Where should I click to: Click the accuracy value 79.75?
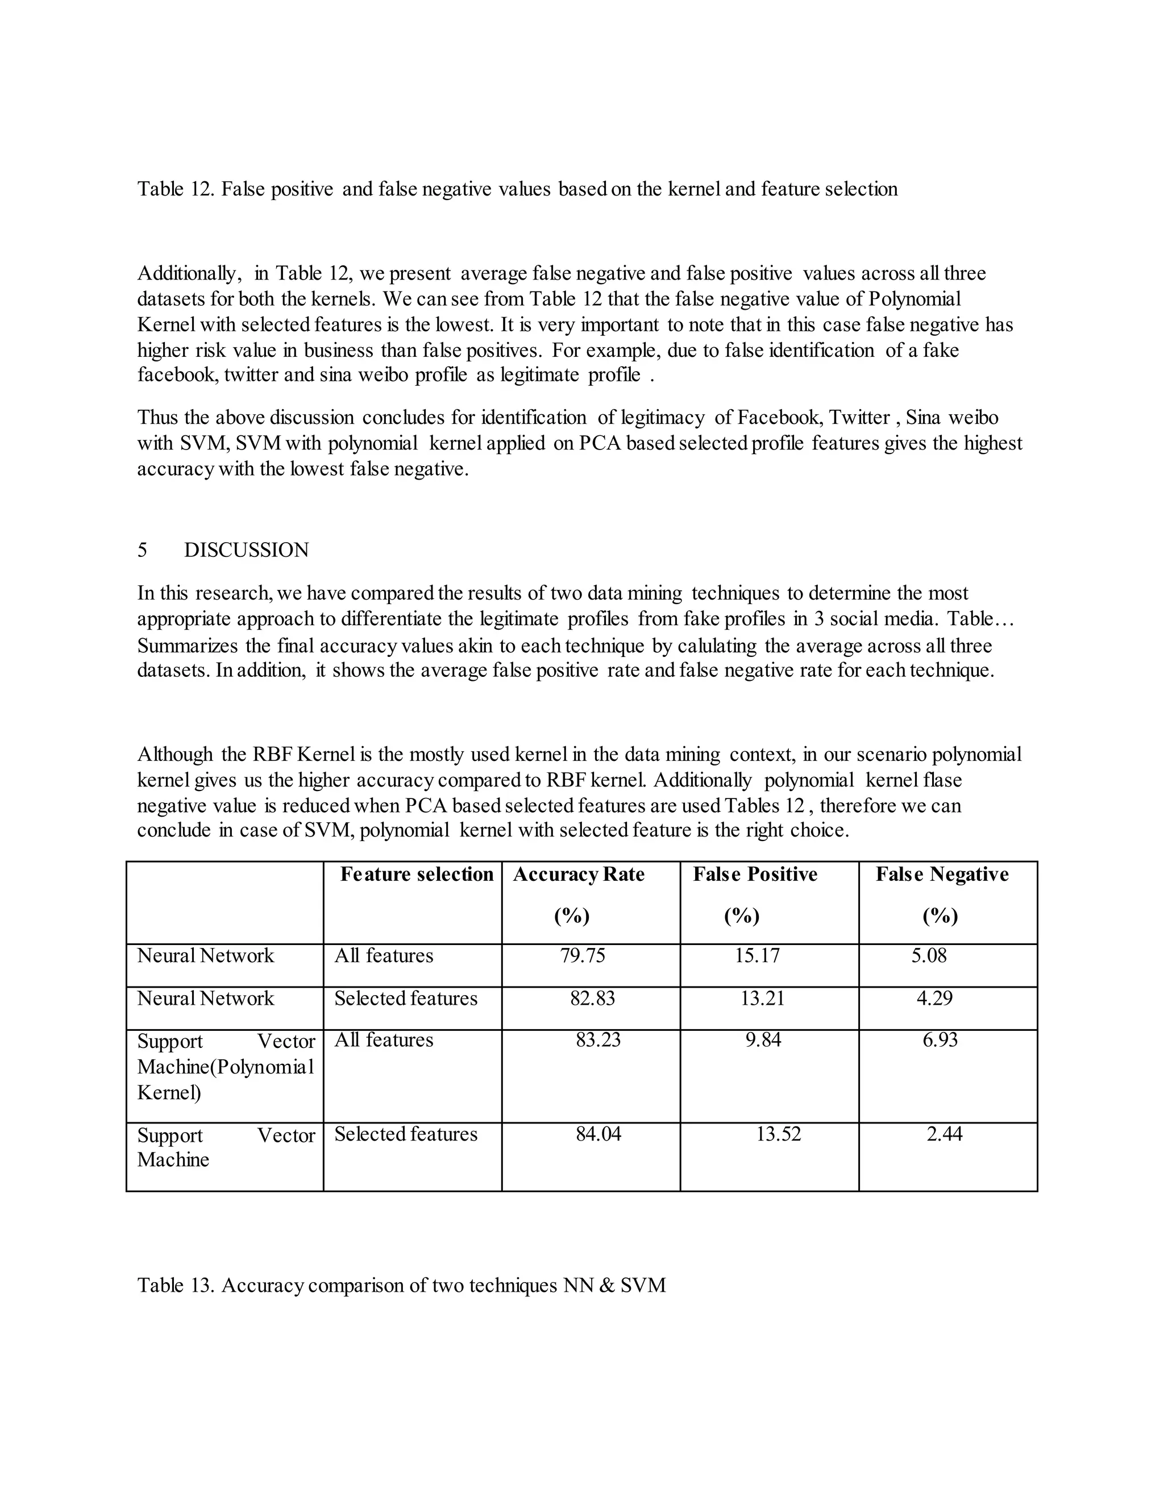tap(583, 956)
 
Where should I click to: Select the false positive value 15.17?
tap(757, 956)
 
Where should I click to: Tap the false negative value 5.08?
tap(929, 956)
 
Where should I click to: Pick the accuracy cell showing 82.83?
tap(592, 999)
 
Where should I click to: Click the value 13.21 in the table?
tap(763, 999)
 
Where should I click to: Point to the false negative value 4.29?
tap(934, 999)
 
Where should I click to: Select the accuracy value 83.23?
tap(598, 1040)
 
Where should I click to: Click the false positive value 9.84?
tap(763, 1040)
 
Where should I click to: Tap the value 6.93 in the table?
tap(941, 1040)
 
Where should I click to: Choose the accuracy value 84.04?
tap(598, 1134)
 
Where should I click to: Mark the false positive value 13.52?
tap(779, 1134)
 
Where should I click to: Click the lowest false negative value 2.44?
tap(944, 1134)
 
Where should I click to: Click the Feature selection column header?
tap(417, 875)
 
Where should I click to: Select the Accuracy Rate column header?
tap(579, 875)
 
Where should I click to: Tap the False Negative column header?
tap(942, 875)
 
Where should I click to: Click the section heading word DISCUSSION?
tap(246, 550)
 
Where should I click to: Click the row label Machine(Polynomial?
tap(226, 1067)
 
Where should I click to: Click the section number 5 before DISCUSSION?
tap(142, 550)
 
